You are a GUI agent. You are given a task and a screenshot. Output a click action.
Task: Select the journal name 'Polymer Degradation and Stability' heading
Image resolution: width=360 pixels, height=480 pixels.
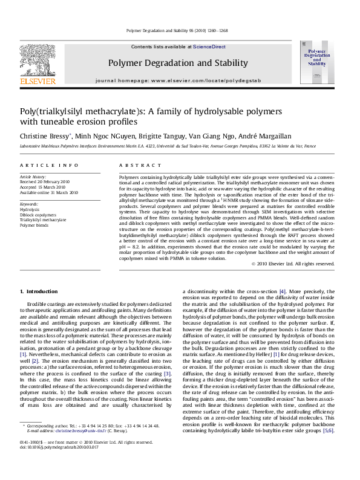(178, 63)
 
